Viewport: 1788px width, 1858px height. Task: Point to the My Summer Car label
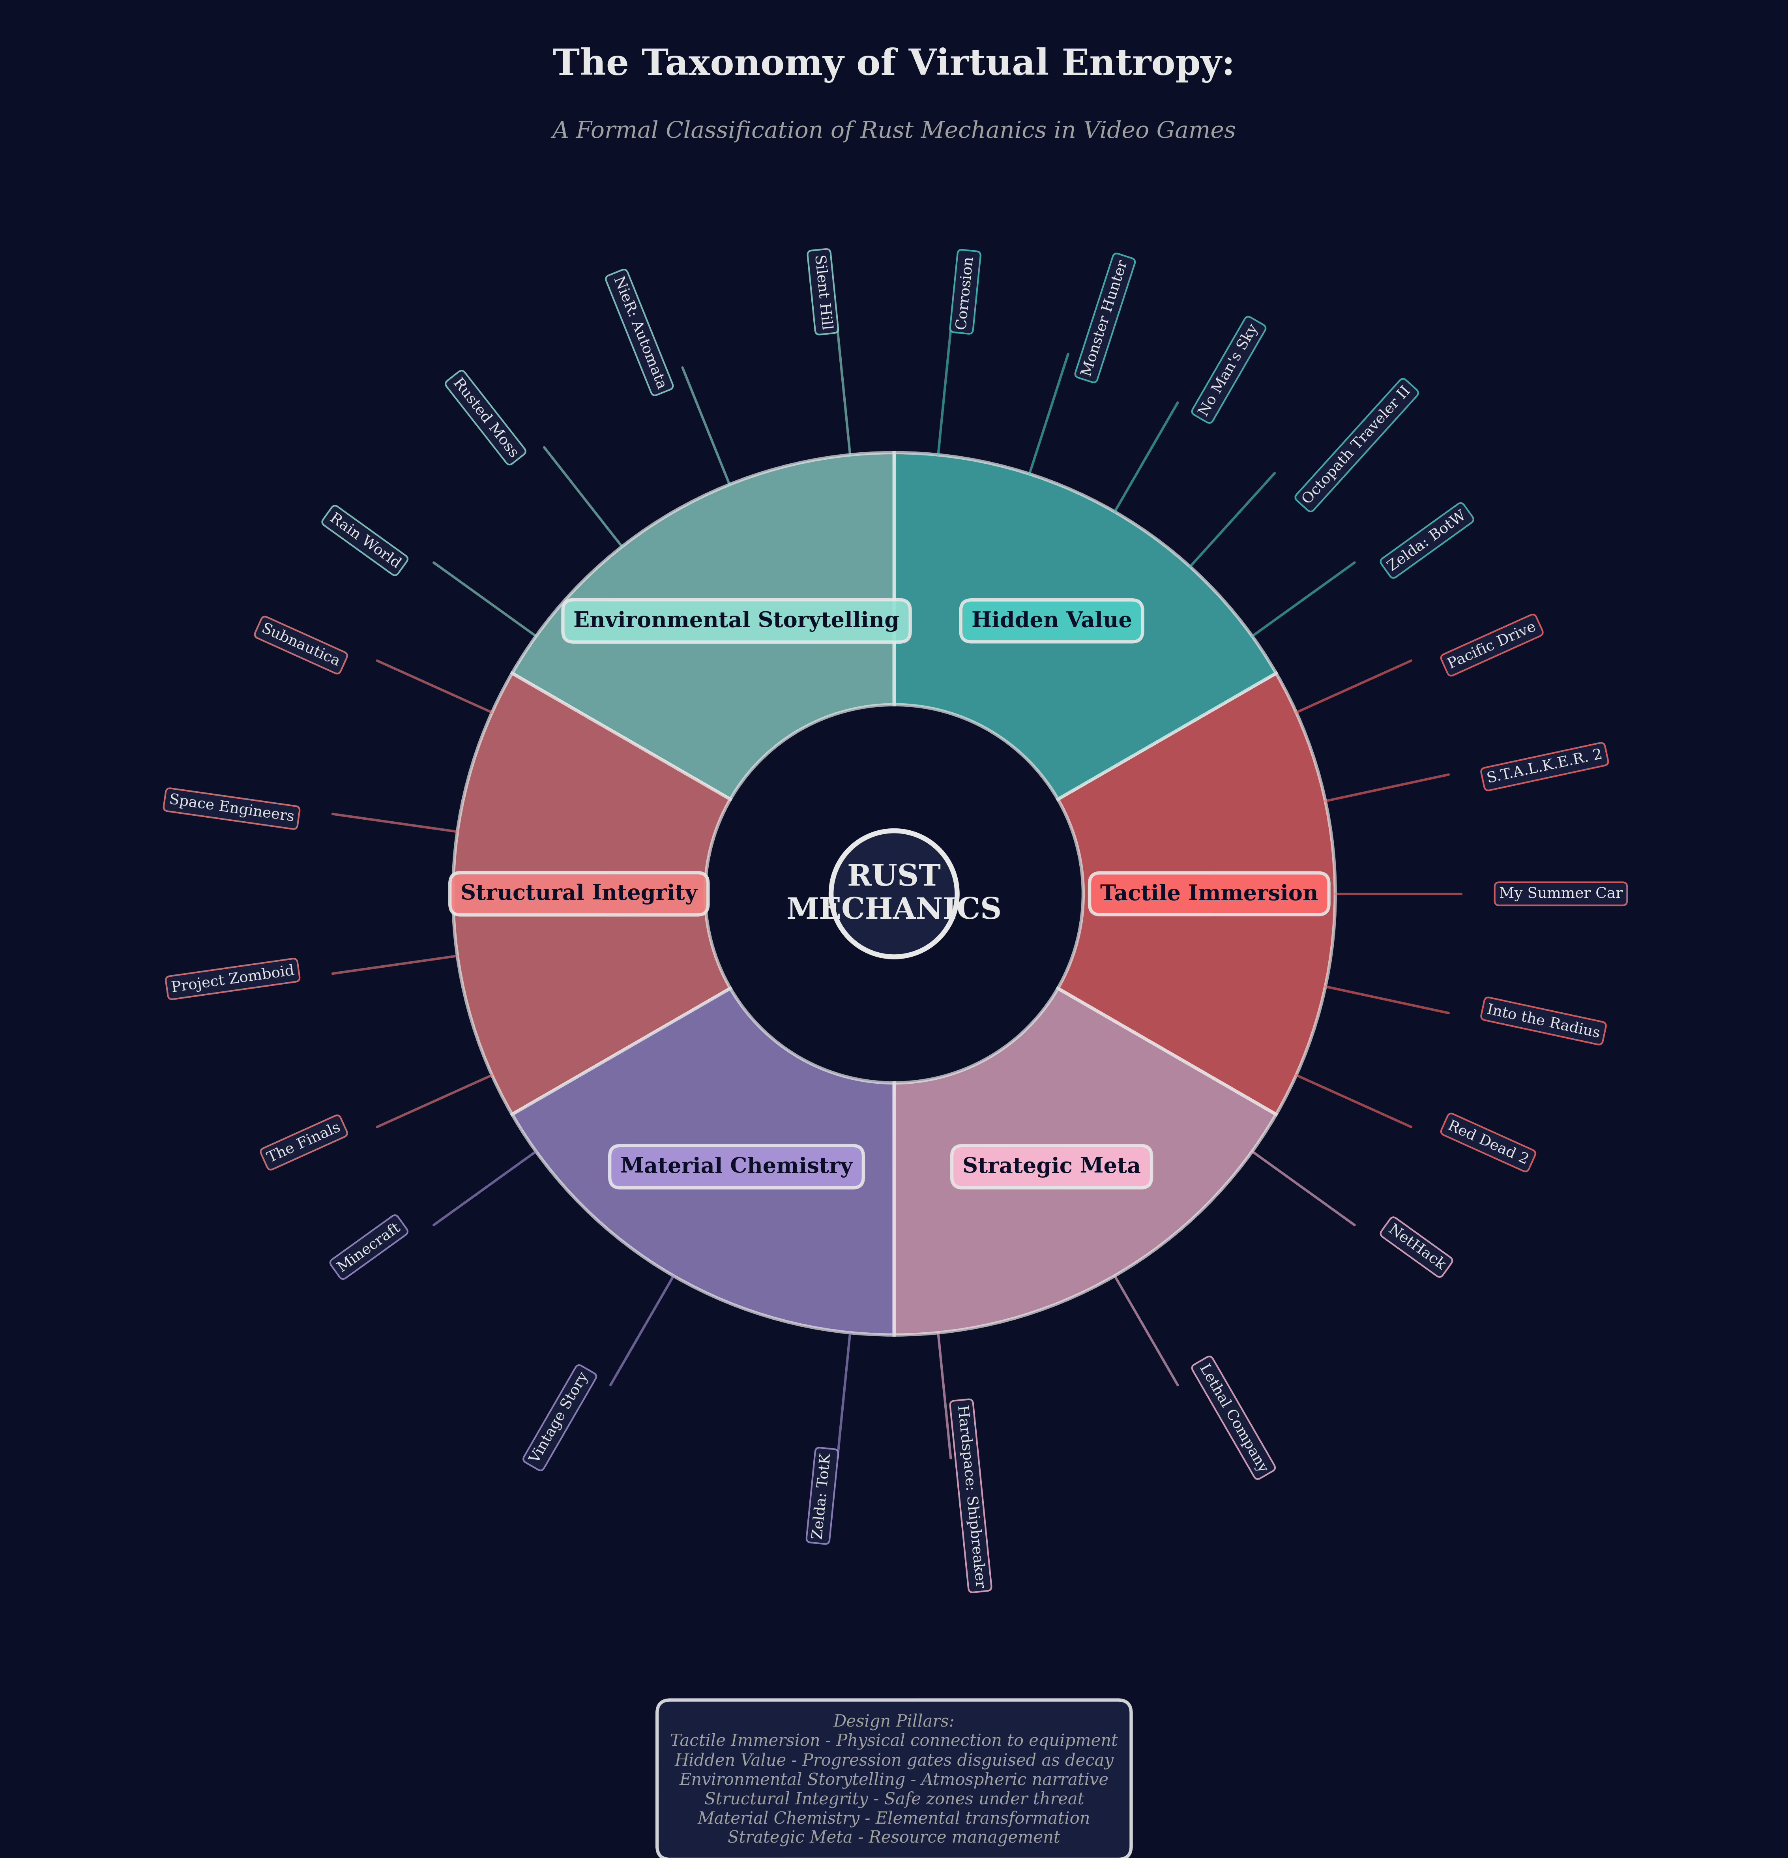1560,893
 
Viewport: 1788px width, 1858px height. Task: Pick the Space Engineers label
231,808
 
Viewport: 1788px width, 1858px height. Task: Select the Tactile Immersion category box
1209,893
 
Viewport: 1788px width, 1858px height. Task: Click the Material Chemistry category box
737,1166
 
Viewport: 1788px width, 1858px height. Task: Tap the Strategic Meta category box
1051,1166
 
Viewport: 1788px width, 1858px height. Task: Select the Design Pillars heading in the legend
893,1721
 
